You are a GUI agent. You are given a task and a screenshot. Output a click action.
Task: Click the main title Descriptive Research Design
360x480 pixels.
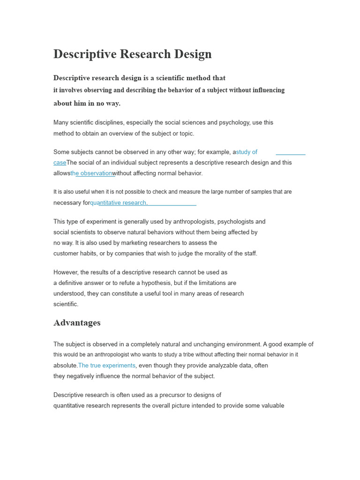tap(132, 54)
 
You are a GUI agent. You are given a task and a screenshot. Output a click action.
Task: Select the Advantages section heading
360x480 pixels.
tap(77, 323)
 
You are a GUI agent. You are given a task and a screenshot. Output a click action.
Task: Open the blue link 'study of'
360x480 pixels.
tap(247, 152)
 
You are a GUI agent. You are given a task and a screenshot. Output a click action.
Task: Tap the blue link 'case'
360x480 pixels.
tap(60, 163)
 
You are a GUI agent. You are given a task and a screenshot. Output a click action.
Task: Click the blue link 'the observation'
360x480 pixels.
tap(91, 173)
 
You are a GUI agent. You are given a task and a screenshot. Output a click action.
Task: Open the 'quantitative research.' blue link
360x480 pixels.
tap(119, 203)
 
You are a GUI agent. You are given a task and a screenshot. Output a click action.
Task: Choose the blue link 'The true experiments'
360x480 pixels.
tap(107, 366)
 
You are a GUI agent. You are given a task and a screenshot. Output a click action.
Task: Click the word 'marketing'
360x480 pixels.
tap(115, 243)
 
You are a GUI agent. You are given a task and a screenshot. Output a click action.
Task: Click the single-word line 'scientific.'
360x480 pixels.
tap(66, 304)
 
